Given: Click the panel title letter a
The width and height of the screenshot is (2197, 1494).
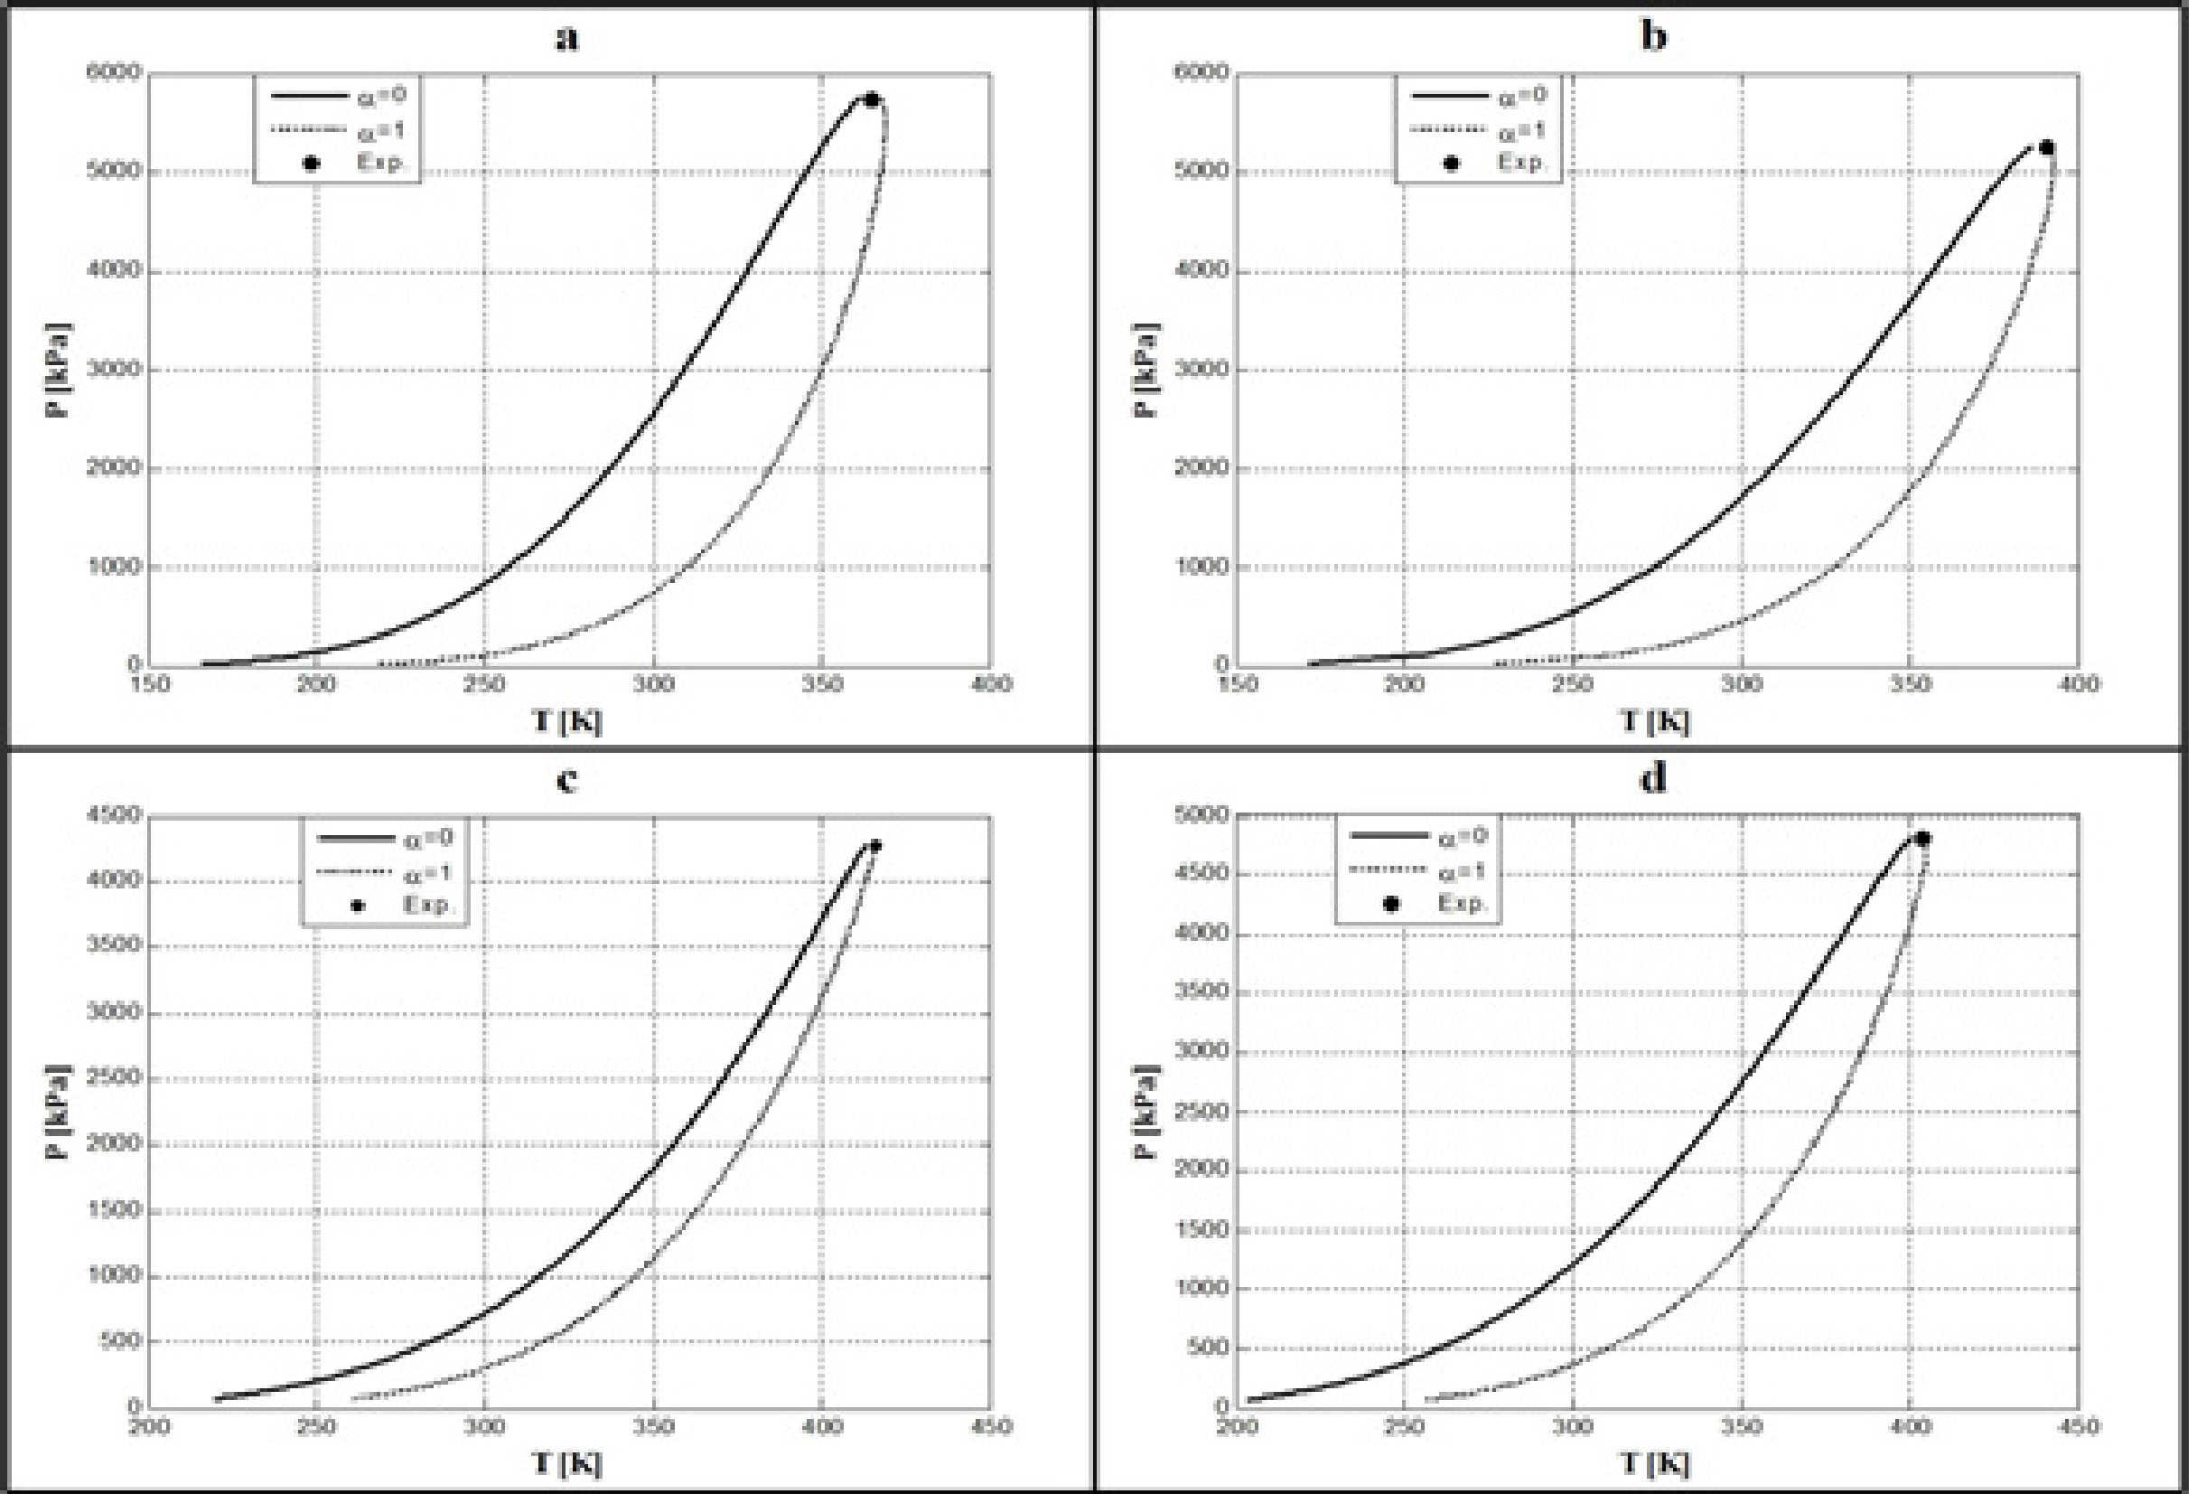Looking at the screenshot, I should (566, 39).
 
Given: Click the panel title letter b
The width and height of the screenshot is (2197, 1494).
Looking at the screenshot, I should (1653, 37).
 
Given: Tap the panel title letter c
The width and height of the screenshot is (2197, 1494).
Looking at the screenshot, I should (566, 781).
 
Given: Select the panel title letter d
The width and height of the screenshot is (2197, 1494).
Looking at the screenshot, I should (1653, 780).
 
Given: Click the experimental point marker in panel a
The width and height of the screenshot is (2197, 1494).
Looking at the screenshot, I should (872, 99).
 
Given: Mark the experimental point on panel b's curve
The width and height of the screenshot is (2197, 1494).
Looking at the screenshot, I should (2047, 147).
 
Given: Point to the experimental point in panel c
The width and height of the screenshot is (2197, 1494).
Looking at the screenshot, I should (875, 845).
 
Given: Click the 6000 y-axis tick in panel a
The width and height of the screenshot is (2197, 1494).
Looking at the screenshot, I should (114, 73).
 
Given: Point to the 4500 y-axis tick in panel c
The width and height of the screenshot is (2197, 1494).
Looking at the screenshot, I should (114, 815).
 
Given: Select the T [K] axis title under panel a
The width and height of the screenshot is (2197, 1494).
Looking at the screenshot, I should (566, 721).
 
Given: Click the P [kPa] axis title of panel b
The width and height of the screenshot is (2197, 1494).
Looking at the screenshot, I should (1145, 370).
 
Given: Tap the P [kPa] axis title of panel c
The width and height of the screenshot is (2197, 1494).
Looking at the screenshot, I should (59, 1112).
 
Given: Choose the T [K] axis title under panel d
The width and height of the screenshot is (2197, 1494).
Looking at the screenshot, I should (1653, 1464).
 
